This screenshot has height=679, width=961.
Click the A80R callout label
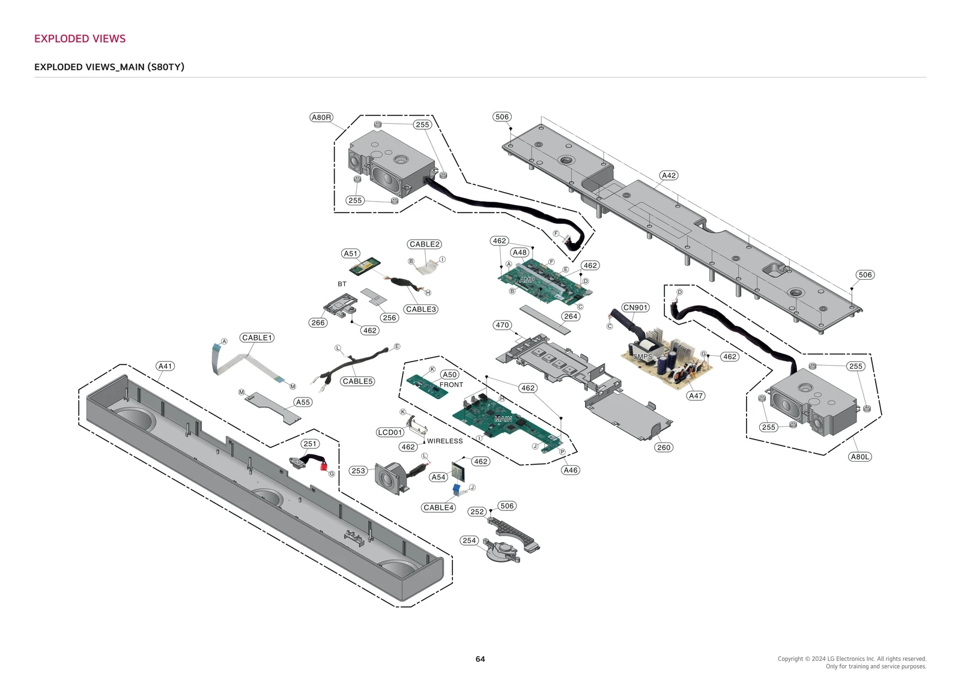pos(321,117)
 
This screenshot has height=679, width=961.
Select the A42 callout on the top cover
pos(668,175)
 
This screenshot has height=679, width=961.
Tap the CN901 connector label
pos(635,307)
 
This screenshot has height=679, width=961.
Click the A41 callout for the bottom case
pos(165,366)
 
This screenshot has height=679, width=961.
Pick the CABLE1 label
pos(257,337)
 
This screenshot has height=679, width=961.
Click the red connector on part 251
pos(324,466)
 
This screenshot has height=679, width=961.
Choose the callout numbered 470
pos(502,325)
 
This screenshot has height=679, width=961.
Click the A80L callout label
pos(859,456)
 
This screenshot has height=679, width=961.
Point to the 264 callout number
pos(570,316)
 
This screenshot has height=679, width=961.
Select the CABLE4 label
pos(438,507)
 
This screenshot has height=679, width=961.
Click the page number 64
pos(480,659)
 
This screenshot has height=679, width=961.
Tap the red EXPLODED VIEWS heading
pos(80,38)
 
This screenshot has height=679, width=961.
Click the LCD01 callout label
pos(390,432)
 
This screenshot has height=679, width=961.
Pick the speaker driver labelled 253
pos(389,478)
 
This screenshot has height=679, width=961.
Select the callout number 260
pos(663,447)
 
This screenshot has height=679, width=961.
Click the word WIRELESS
pos(444,441)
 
